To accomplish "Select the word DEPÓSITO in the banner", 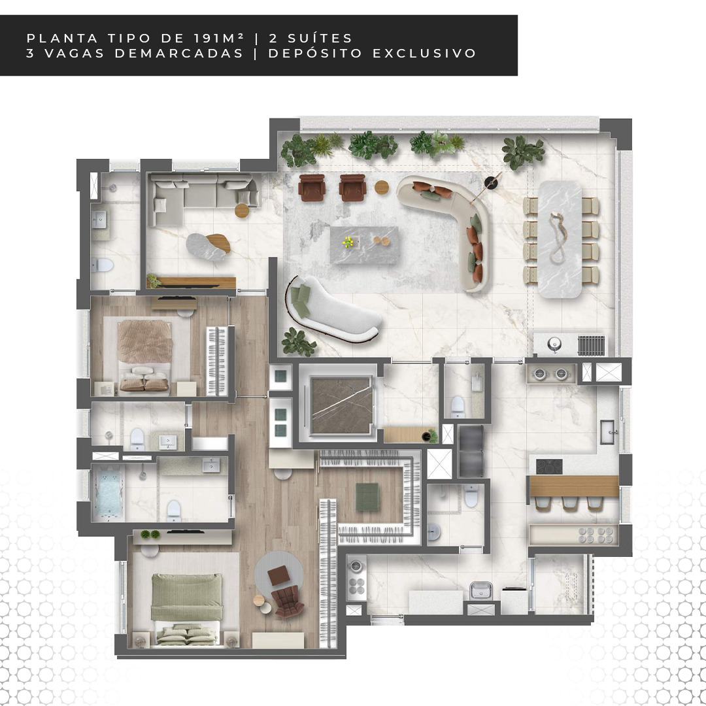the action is pos(315,53).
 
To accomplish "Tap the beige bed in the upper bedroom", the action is pos(144,355).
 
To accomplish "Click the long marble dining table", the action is pos(560,239).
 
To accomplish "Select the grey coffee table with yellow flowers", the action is pos(364,244).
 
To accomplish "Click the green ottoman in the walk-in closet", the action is pos(367,496).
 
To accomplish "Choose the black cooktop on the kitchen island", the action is pos(549,467).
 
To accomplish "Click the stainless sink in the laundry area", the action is pos(480,590).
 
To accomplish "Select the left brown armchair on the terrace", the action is pos(312,188).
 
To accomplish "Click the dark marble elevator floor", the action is pos(341,405).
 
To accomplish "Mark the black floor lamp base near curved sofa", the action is pos(491,182).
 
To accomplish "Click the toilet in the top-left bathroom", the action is pos(101,265).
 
